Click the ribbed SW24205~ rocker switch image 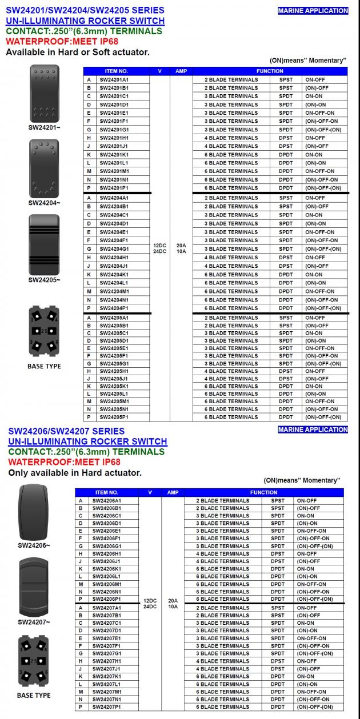click(45, 244)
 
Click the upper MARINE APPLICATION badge click(313, 11)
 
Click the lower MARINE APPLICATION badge click(313, 430)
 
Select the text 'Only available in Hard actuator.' click(75, 473)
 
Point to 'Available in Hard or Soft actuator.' click(78, 52)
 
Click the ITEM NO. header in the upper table click(116, 71)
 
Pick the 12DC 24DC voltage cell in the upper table click(159, 248)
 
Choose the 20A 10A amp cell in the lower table click(173, 604)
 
